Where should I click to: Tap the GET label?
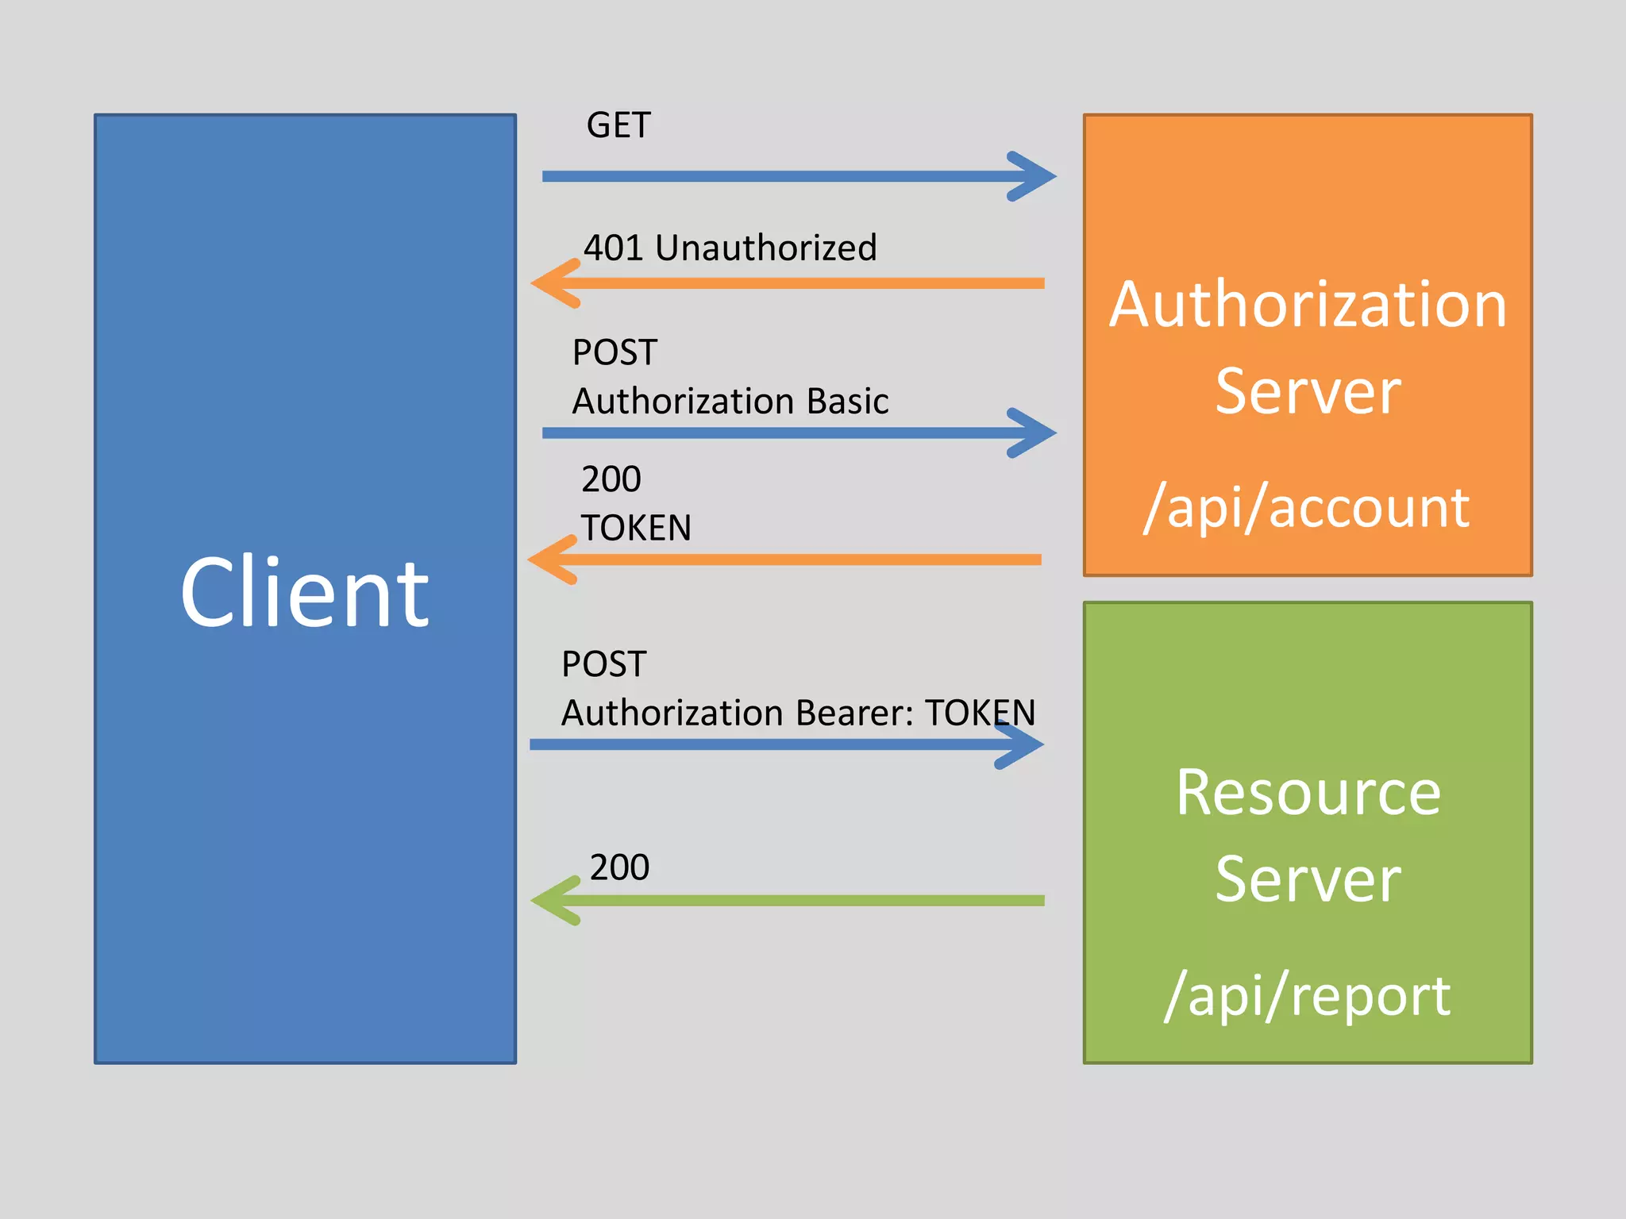(618, 125)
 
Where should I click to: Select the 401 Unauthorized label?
(730, 248)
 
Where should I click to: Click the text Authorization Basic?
(730, 401)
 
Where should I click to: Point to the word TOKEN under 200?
(636, 528)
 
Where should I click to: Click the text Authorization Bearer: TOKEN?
(798, 713)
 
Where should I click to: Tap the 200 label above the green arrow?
(619, 867)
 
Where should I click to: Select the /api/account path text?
(1307, 507)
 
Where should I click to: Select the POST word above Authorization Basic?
(615, 352)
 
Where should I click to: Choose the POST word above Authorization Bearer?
(603, 664)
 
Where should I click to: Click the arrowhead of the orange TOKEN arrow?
(550, 560)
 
